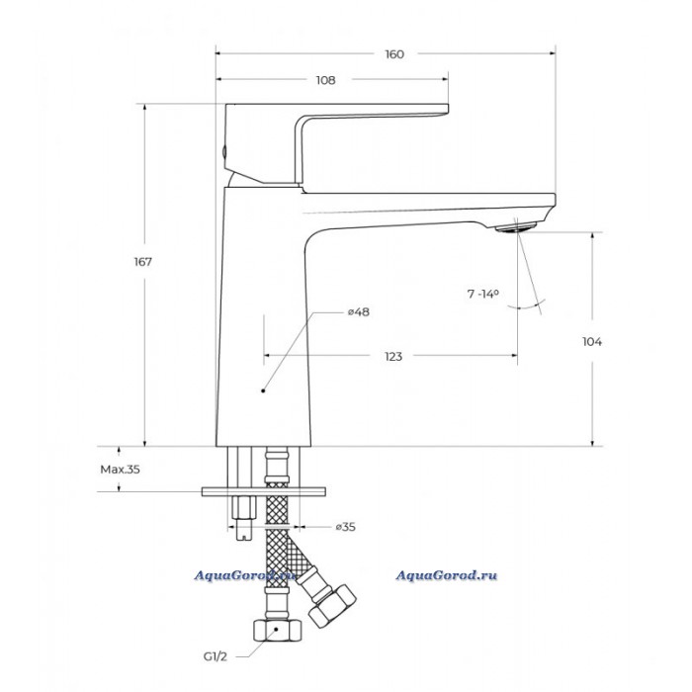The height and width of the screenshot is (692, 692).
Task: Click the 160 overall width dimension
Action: click(x=394, y=54)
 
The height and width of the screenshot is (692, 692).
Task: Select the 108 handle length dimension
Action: click(x=325, y=80)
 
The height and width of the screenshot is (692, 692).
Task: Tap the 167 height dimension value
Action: click(x=143, y=262)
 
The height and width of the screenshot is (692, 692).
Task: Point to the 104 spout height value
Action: click(x=592, y=342)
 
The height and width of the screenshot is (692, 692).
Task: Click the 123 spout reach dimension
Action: click(x=393, y=357)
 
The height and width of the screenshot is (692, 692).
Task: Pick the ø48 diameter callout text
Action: click(x=358, y=312)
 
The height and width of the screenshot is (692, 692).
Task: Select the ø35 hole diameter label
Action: click(x=345, y=527)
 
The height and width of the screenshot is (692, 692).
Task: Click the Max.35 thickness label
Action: click(x=120, y=470)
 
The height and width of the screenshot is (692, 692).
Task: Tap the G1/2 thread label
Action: click(x=216, y=656)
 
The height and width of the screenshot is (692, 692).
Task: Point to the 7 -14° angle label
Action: click(x=483, y=294)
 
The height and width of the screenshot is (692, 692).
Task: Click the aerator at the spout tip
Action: click(x=515, y=227)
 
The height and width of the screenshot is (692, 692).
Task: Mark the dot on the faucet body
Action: click(x=263, y=390)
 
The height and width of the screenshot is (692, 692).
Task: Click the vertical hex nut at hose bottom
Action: click(x=277, y=631)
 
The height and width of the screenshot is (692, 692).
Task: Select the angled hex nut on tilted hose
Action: click(x=332, y=605)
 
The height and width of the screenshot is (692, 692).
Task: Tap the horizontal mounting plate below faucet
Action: click(x=264, y=491)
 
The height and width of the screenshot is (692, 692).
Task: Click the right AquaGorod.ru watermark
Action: click(x=446, y=575)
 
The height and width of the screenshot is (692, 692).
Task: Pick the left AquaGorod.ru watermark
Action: click(x=245, y=575)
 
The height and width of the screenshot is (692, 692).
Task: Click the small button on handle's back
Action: click(x=224, y=152)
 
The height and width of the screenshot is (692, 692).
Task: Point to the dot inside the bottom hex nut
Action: click(x=276, y=629)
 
